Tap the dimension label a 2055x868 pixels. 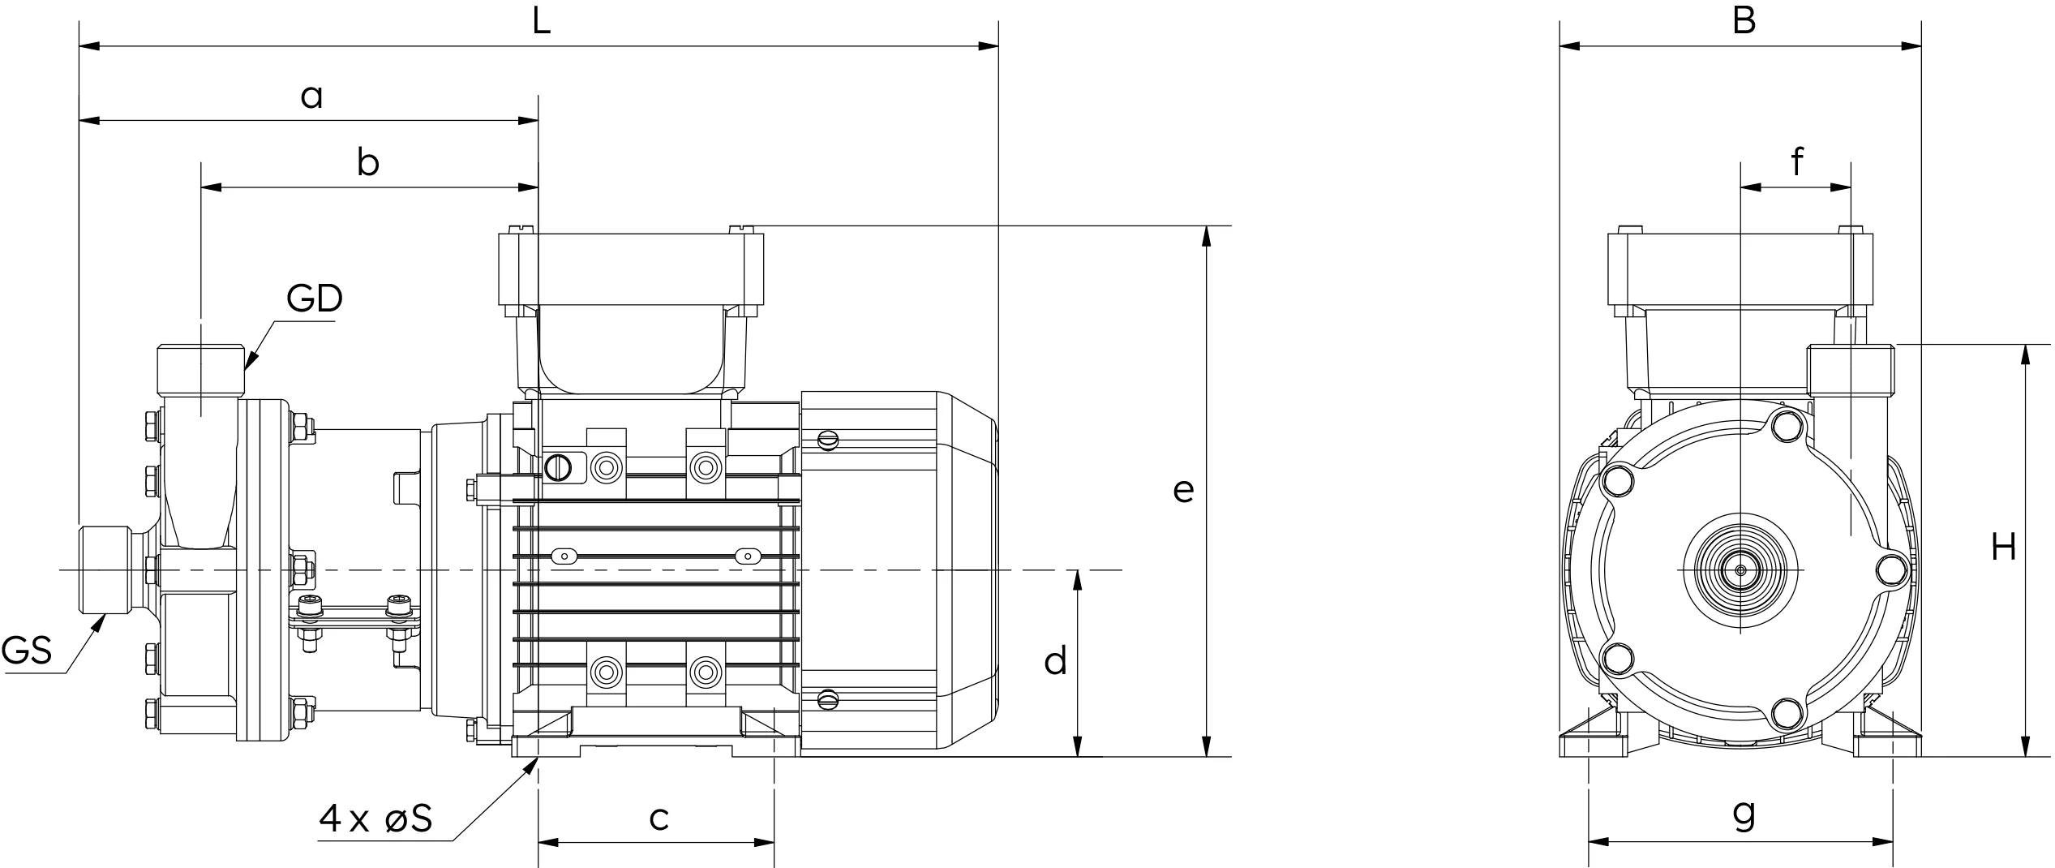[x=311, y=97]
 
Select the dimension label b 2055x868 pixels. [x=368, y=162]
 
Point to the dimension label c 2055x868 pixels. [x=659, y=819]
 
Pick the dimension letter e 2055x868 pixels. [x=1183, y=491]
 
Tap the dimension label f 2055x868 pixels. [x=1797, y=161]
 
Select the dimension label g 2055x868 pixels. [x=1744, y=814]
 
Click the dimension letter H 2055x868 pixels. [x=2004, y=548]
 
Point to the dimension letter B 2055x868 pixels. [x=1744, y=20]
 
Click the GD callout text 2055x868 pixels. [x=315, y=299]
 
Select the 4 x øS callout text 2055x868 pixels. [x=375, y=819]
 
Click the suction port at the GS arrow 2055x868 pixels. [x=105, y=570]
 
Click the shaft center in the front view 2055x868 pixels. [x=1740, y=570]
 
